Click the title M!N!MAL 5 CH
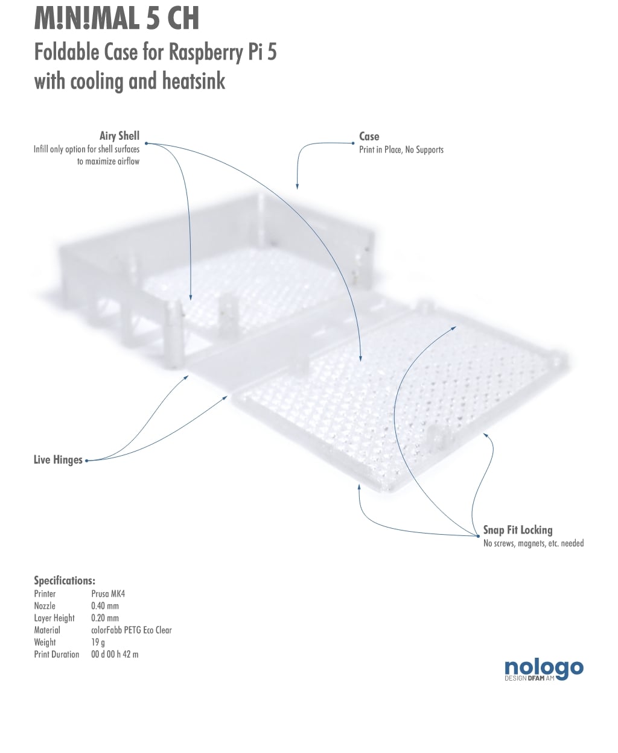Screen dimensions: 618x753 [116, 19]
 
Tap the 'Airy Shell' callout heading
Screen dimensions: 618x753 [119, 136]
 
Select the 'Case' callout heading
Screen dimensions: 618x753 [369, 136]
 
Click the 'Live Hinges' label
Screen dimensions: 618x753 [58, 459]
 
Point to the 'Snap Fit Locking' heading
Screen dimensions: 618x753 [518, 530]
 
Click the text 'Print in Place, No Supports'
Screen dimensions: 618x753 [401, 150]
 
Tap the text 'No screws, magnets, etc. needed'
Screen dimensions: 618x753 [534, 543]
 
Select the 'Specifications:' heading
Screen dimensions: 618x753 [65, 581]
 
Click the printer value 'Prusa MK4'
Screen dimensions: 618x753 [108, 594]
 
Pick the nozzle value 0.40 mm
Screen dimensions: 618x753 [105, 606]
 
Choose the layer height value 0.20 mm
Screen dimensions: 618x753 [105, 618]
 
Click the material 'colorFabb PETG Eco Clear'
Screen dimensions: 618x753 [132, 630]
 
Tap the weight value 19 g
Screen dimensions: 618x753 [98, 643]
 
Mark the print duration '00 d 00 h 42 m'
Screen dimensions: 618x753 [115, 655]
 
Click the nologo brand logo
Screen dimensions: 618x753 [544, 670]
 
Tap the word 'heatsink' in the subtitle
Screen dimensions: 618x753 [194, 81]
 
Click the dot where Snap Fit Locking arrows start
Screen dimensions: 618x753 [478, 536]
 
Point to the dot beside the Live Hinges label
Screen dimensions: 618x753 [86, 461]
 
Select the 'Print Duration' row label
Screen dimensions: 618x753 [57, 655]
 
